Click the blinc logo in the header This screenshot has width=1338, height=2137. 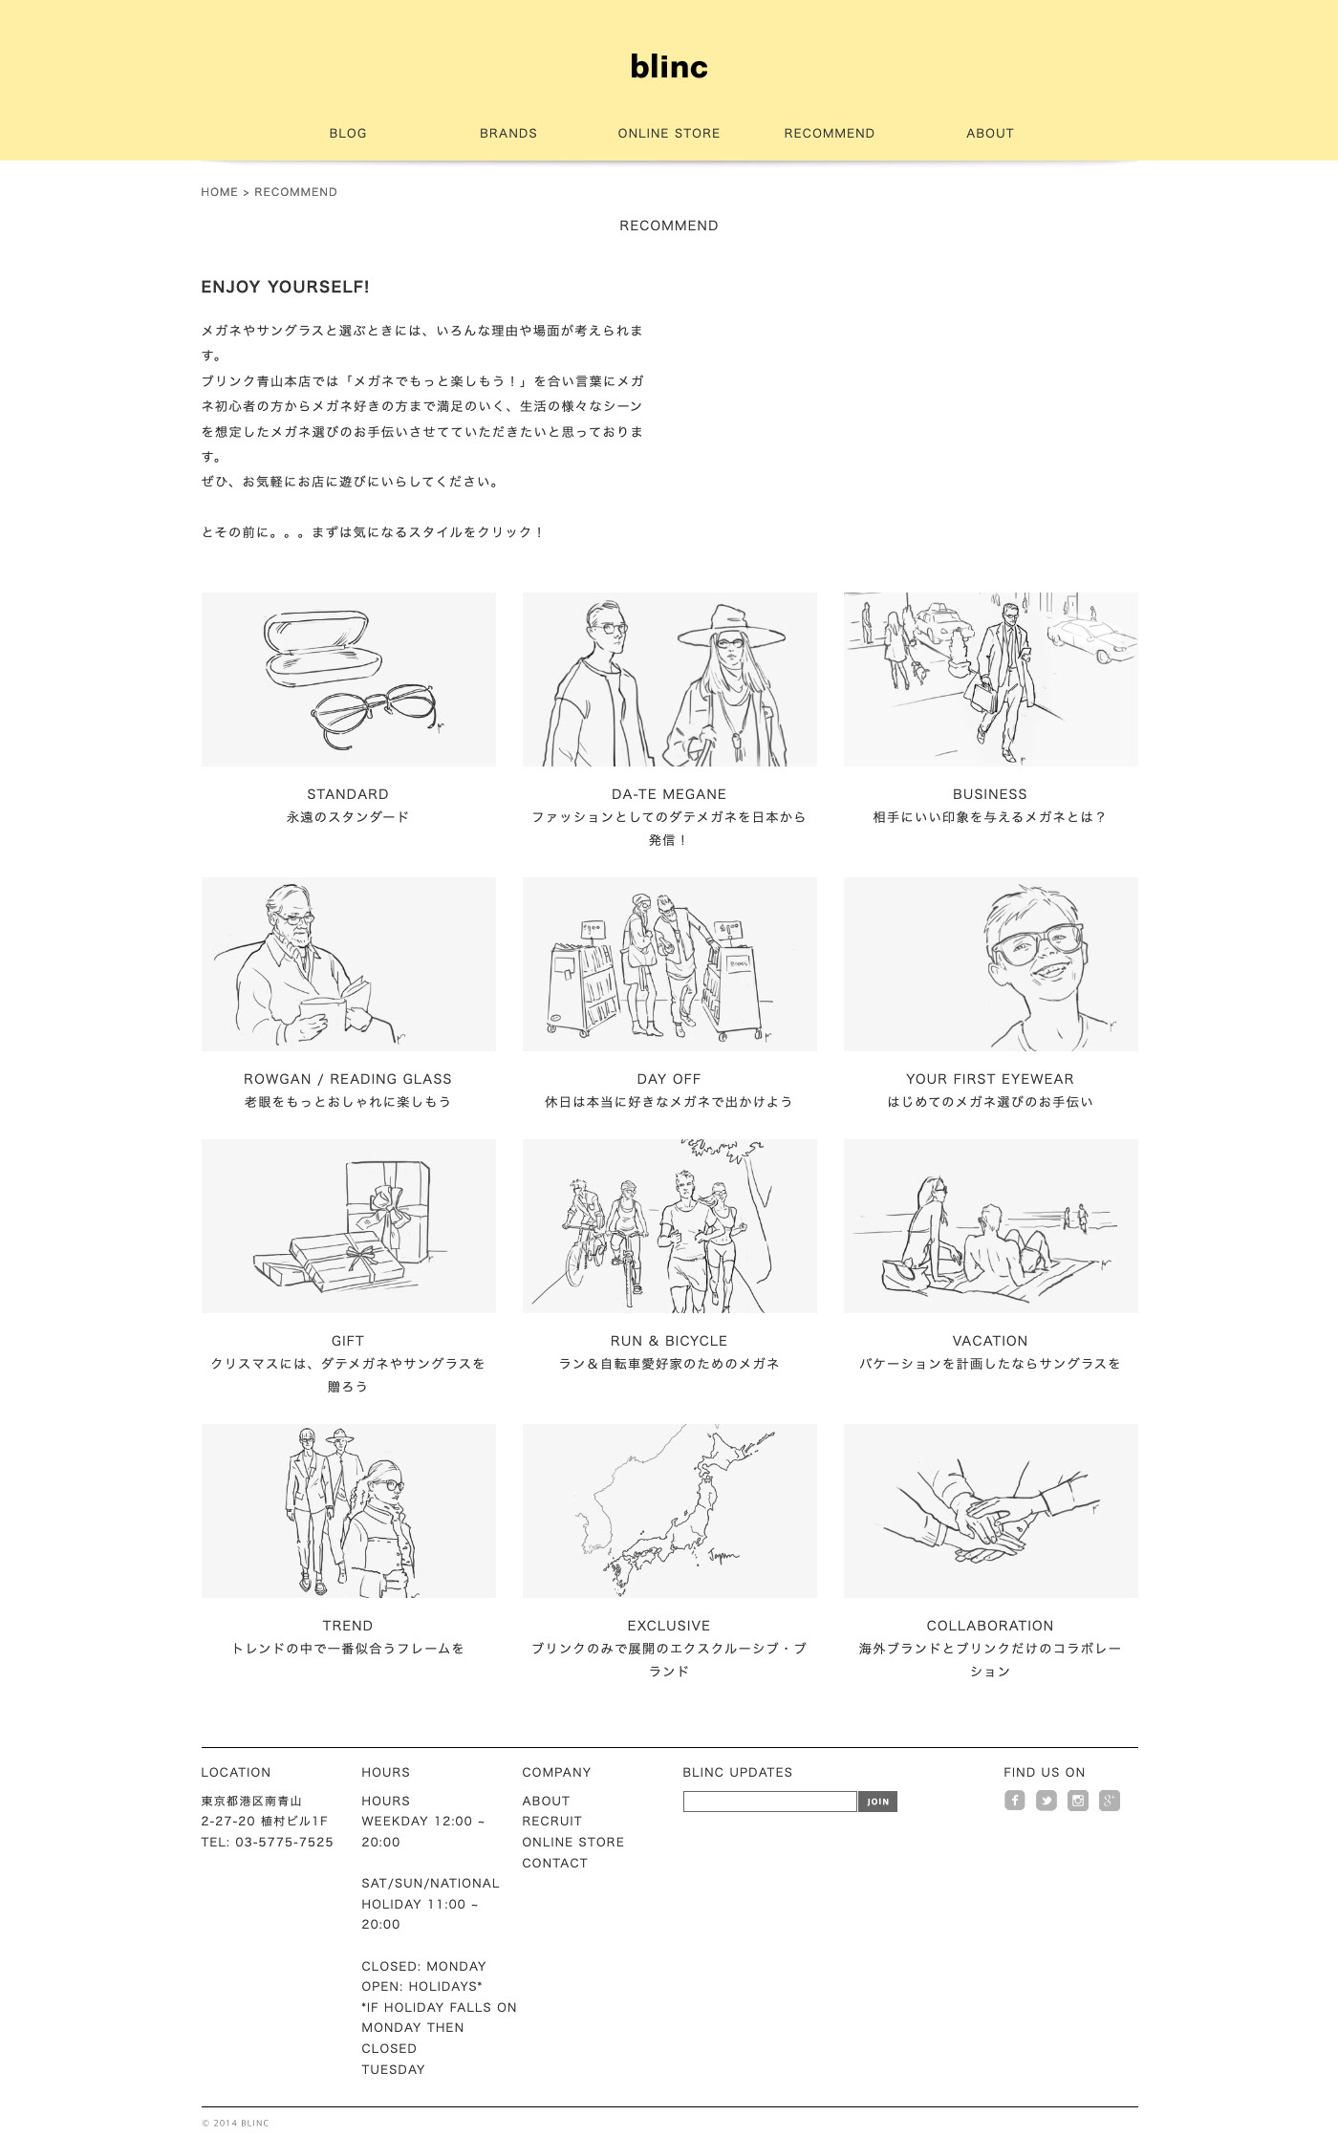coord(669,67)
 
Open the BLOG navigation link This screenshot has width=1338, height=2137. coord(348,133)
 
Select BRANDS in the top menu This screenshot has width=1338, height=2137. coord(508,133)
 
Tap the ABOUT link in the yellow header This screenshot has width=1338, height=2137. coord(990,133)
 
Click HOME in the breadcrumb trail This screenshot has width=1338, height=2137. coord(219,192)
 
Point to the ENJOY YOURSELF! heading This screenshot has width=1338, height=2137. coord(285,287)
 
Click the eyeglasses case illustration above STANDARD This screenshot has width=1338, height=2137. coord(323,649)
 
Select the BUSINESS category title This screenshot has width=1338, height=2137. coord(990,794)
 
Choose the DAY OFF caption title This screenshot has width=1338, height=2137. coord(669,1079)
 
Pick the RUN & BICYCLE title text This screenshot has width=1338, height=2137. coord(669,1341)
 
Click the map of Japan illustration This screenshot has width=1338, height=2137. coord(670,1511)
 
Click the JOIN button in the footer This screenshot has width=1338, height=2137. coord(877,1802)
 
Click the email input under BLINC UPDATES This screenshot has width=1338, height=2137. coord(770,1802)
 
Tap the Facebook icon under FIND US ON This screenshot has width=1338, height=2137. coord(1015,1801)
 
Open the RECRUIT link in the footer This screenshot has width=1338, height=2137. coord(551,1822)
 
